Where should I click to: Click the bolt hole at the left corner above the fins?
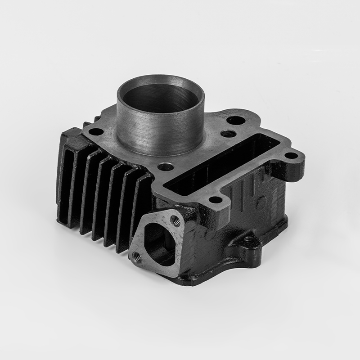click(96, 132)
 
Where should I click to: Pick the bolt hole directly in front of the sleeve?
click(166, 167)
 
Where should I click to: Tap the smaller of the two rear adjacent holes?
click(228, 134)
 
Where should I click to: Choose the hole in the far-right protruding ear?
click(291, 156)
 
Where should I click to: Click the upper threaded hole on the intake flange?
click(175, 220)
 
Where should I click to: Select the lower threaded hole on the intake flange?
click(137, 256)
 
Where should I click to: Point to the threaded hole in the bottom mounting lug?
click(249, 238)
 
